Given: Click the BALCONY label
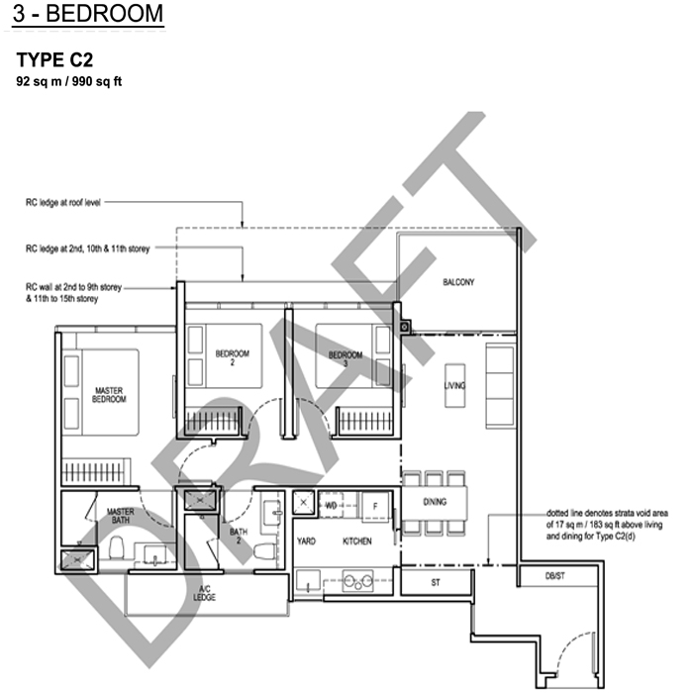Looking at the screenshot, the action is coord(458,282).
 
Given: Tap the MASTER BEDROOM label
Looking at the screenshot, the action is coord(109,395).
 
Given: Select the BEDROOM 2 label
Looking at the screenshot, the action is coord(233,357).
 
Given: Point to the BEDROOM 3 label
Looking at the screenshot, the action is coord(346,358).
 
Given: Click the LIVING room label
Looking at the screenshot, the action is coord(454,385).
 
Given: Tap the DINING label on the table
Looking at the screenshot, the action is coord(435,502).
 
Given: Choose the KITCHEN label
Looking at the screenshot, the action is coord(357,541).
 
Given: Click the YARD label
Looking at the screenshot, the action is coord(306,541).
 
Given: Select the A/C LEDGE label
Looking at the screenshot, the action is coord(204,593).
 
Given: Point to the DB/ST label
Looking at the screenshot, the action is coord(555,576).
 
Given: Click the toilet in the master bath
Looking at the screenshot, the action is coord(117,547).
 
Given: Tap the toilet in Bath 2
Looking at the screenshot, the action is coord(265,552).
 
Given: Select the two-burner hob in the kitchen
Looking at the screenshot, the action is coord(357,581).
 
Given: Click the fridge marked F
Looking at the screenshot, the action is coord(375,507).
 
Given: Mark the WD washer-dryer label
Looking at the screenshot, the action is coord(331,506).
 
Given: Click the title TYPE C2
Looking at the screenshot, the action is coord(54,59).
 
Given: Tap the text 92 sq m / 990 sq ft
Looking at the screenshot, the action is coord(69,81).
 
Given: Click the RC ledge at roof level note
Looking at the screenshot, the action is coord(63,202).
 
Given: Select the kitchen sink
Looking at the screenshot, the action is coord(308,581).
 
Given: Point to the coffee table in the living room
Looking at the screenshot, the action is coord(454,385).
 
